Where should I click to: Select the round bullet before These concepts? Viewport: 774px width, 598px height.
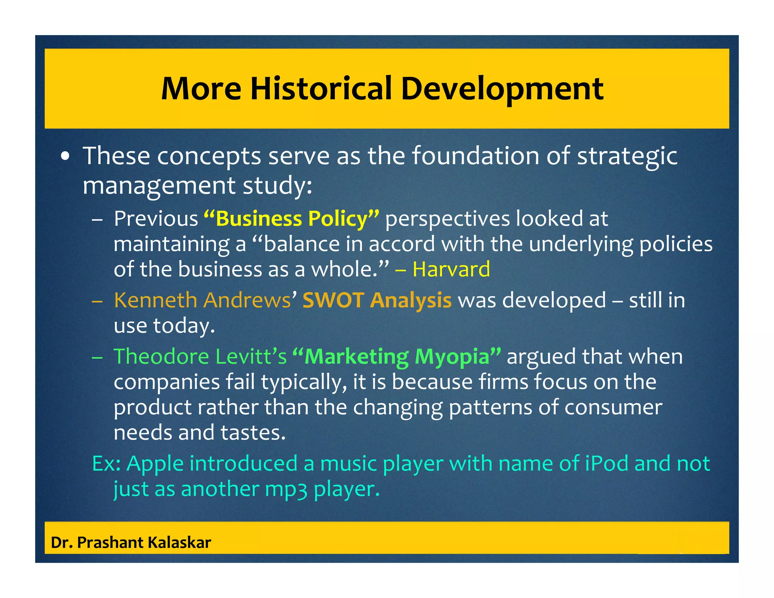click(x=66, y=156)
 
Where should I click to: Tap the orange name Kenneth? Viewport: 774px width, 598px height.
click(x=155, y=300)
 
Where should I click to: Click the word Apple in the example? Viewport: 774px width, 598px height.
click(x=155, y=464)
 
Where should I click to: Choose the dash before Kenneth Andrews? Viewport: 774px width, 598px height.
click(x=97, y=301)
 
